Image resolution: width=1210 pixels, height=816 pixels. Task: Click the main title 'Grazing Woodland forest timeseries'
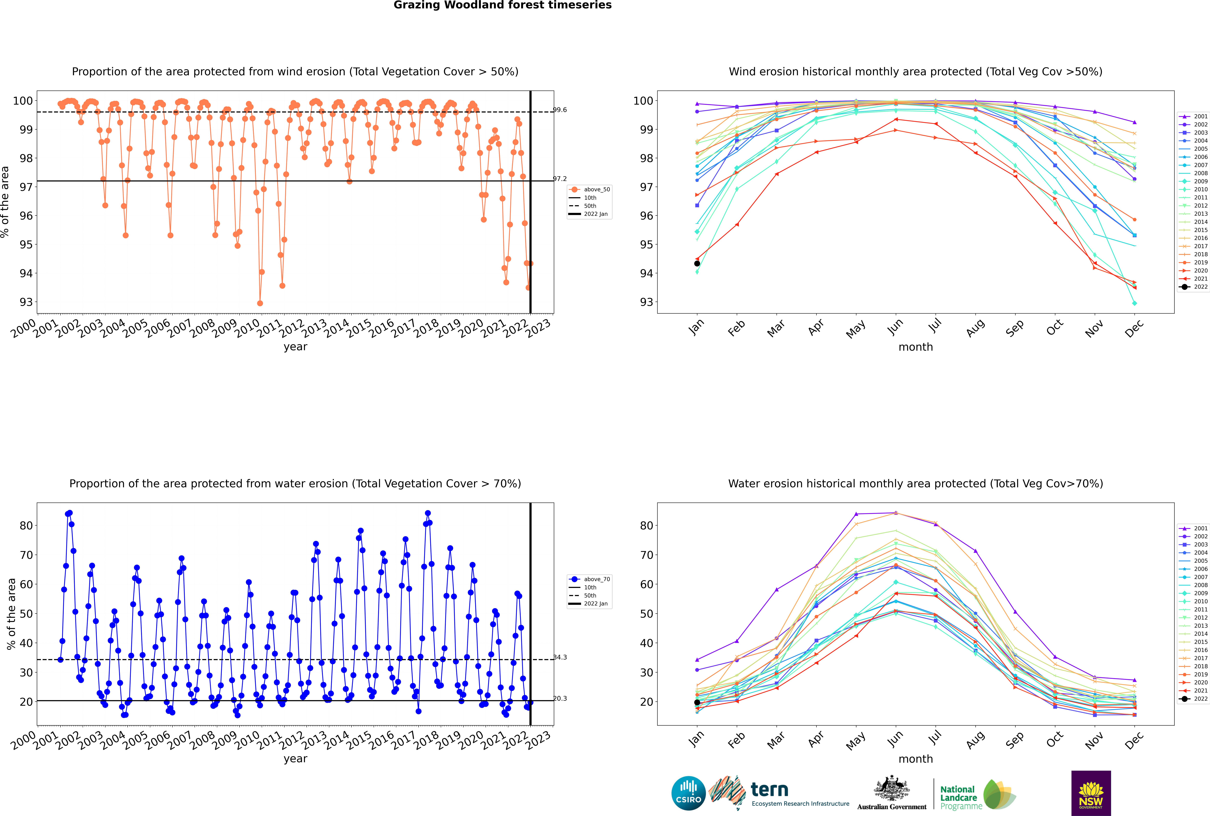(503, 5)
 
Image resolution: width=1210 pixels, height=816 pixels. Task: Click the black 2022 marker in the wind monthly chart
(697, 263)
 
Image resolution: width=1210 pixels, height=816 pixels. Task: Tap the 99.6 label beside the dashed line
(560, 110)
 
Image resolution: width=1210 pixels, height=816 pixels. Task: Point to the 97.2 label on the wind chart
(560, 178)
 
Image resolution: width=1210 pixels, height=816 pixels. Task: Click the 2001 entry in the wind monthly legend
(1194, 117)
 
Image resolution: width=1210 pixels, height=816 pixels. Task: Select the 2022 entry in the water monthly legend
(1194, 699)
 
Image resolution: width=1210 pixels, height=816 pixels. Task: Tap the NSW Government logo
(1091, 793)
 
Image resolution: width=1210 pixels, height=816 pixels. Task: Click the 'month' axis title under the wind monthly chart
(916, 347)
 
